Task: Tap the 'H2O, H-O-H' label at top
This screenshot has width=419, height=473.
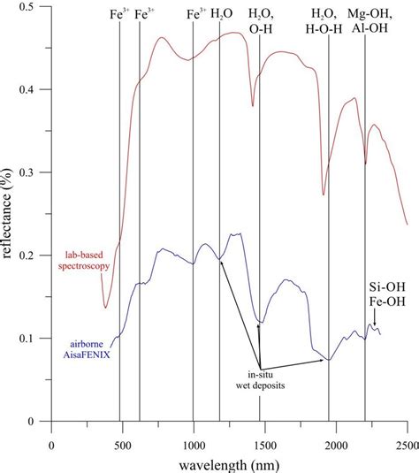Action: (x=329, y=21)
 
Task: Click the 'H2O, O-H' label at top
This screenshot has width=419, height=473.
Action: (x=261, y=21)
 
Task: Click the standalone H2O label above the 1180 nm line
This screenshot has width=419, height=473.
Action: (x=220, y=15)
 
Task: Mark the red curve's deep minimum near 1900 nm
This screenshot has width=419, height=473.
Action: (x=324, y=195)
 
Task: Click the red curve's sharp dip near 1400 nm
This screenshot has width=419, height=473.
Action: (x=253, y=105)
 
